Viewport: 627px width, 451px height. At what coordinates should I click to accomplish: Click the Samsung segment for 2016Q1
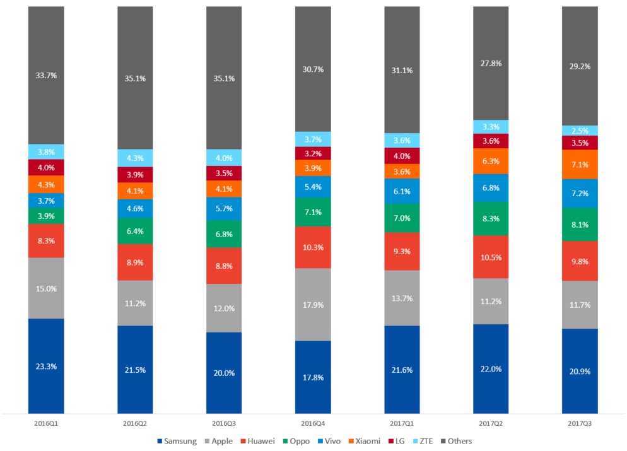point(46,366)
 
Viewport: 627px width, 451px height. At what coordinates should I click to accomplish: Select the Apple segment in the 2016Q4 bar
point(313,305)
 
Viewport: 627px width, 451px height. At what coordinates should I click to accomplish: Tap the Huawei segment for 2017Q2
point(491,257)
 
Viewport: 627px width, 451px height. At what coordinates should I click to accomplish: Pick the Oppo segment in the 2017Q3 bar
point(580,224)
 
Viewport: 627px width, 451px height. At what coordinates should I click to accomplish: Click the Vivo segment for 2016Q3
point(224,209)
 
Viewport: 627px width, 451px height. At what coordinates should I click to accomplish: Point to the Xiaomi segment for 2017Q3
point(580,165)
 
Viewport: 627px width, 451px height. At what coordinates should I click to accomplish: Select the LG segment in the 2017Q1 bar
point(402,156)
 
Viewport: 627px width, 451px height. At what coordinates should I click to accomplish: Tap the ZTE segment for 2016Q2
point(136,158)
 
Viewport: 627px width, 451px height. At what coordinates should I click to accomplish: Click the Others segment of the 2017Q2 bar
point(491,63)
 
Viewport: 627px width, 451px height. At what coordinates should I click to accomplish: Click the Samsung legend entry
point(177,441)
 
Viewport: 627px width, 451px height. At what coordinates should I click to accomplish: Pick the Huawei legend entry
point(257,441)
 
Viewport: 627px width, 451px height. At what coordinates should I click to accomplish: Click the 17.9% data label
point(313,305)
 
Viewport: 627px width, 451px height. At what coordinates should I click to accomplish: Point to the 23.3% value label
point(46,366)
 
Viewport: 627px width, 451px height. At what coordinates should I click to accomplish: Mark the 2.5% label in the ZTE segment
point(580,131)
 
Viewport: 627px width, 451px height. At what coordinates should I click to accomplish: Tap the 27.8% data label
point(491,64)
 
